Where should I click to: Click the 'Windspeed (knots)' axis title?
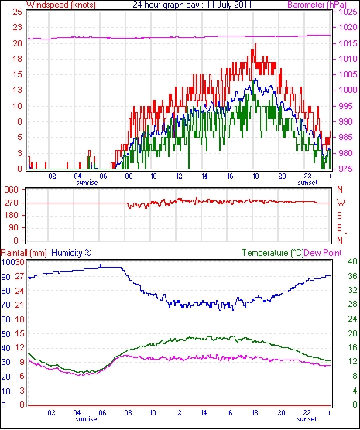pyautogui.click(x=61, y=5)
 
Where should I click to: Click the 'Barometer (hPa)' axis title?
pyautogui.click(x=317, y=5)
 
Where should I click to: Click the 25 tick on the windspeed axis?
pyautogui.click(x=17, y=12)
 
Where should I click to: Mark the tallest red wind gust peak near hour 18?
pyautogui.click(x=255, y=44)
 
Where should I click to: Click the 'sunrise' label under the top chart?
pyautogui.click(x=87, y=183)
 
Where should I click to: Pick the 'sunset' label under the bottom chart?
pyautogui.click(x=307, y=419)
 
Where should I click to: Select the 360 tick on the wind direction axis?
pyautogui.click(x=12, y=189)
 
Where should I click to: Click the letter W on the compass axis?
pyautogui.click(x=341, y=203)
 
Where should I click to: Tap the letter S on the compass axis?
pyautogui.click(x=340, y=216)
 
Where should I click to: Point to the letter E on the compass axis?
pyautogui.click(x=340, y=228)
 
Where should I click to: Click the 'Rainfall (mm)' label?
pyautogui.click(x=24, y=253)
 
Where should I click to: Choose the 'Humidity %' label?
pyautogui.click(x=71, y=253)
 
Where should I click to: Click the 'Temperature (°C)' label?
pyautogui.click(x=273, y=253)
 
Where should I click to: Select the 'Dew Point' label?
pyautogui.click(x=323, y=253)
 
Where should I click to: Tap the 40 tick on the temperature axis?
pyautogui.click(x=352, y=261)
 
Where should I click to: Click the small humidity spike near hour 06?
pyautogui.click(x=101, y=266)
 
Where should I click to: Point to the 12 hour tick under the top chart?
pyautogui.click(x=179, y=176)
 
